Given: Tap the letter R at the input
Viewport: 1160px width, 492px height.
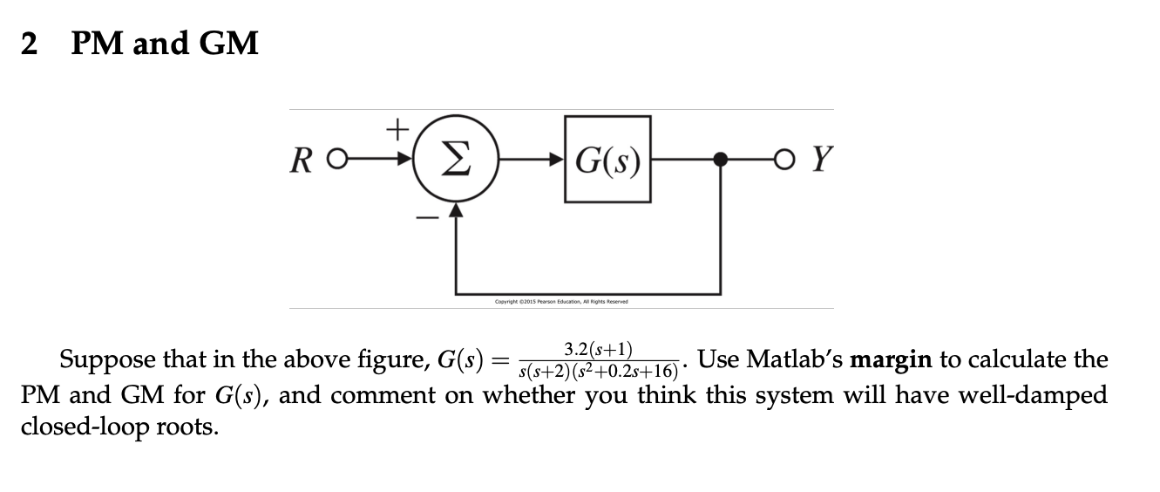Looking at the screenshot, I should pyautogui.click(x=302, y=161).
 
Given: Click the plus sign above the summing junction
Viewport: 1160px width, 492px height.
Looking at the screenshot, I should pyautogui.click(x=397, y=130).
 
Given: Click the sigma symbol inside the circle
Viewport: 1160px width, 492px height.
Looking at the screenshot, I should pyautogui.click(x=454, y=161).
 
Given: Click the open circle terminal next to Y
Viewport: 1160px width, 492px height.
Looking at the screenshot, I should pyautogui.click(x=789, y=161).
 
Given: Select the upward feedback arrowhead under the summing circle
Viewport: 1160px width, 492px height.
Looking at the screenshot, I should pyautogui.click(x=454, y=209).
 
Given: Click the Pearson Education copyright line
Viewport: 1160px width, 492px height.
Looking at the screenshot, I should pyautogui.click(x=560, y=302).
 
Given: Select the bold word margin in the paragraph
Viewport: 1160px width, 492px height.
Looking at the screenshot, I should pyautogui.click(x=891, y=360).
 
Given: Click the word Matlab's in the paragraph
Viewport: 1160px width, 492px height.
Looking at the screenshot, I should pyautogui.click(x=795, y=359).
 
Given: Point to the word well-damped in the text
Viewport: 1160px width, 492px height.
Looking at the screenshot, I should pyautogui.click(x=1033, y=395).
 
